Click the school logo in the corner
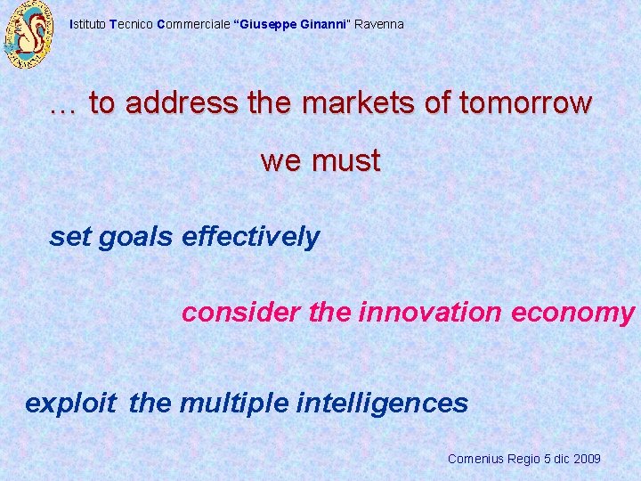[x=29, y=36]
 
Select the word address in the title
[x=182, y=103]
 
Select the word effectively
[x=250, y=237]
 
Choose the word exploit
[x=70, y=404]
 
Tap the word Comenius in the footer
[x=475, y=459]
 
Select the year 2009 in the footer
[x=588, y=459]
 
